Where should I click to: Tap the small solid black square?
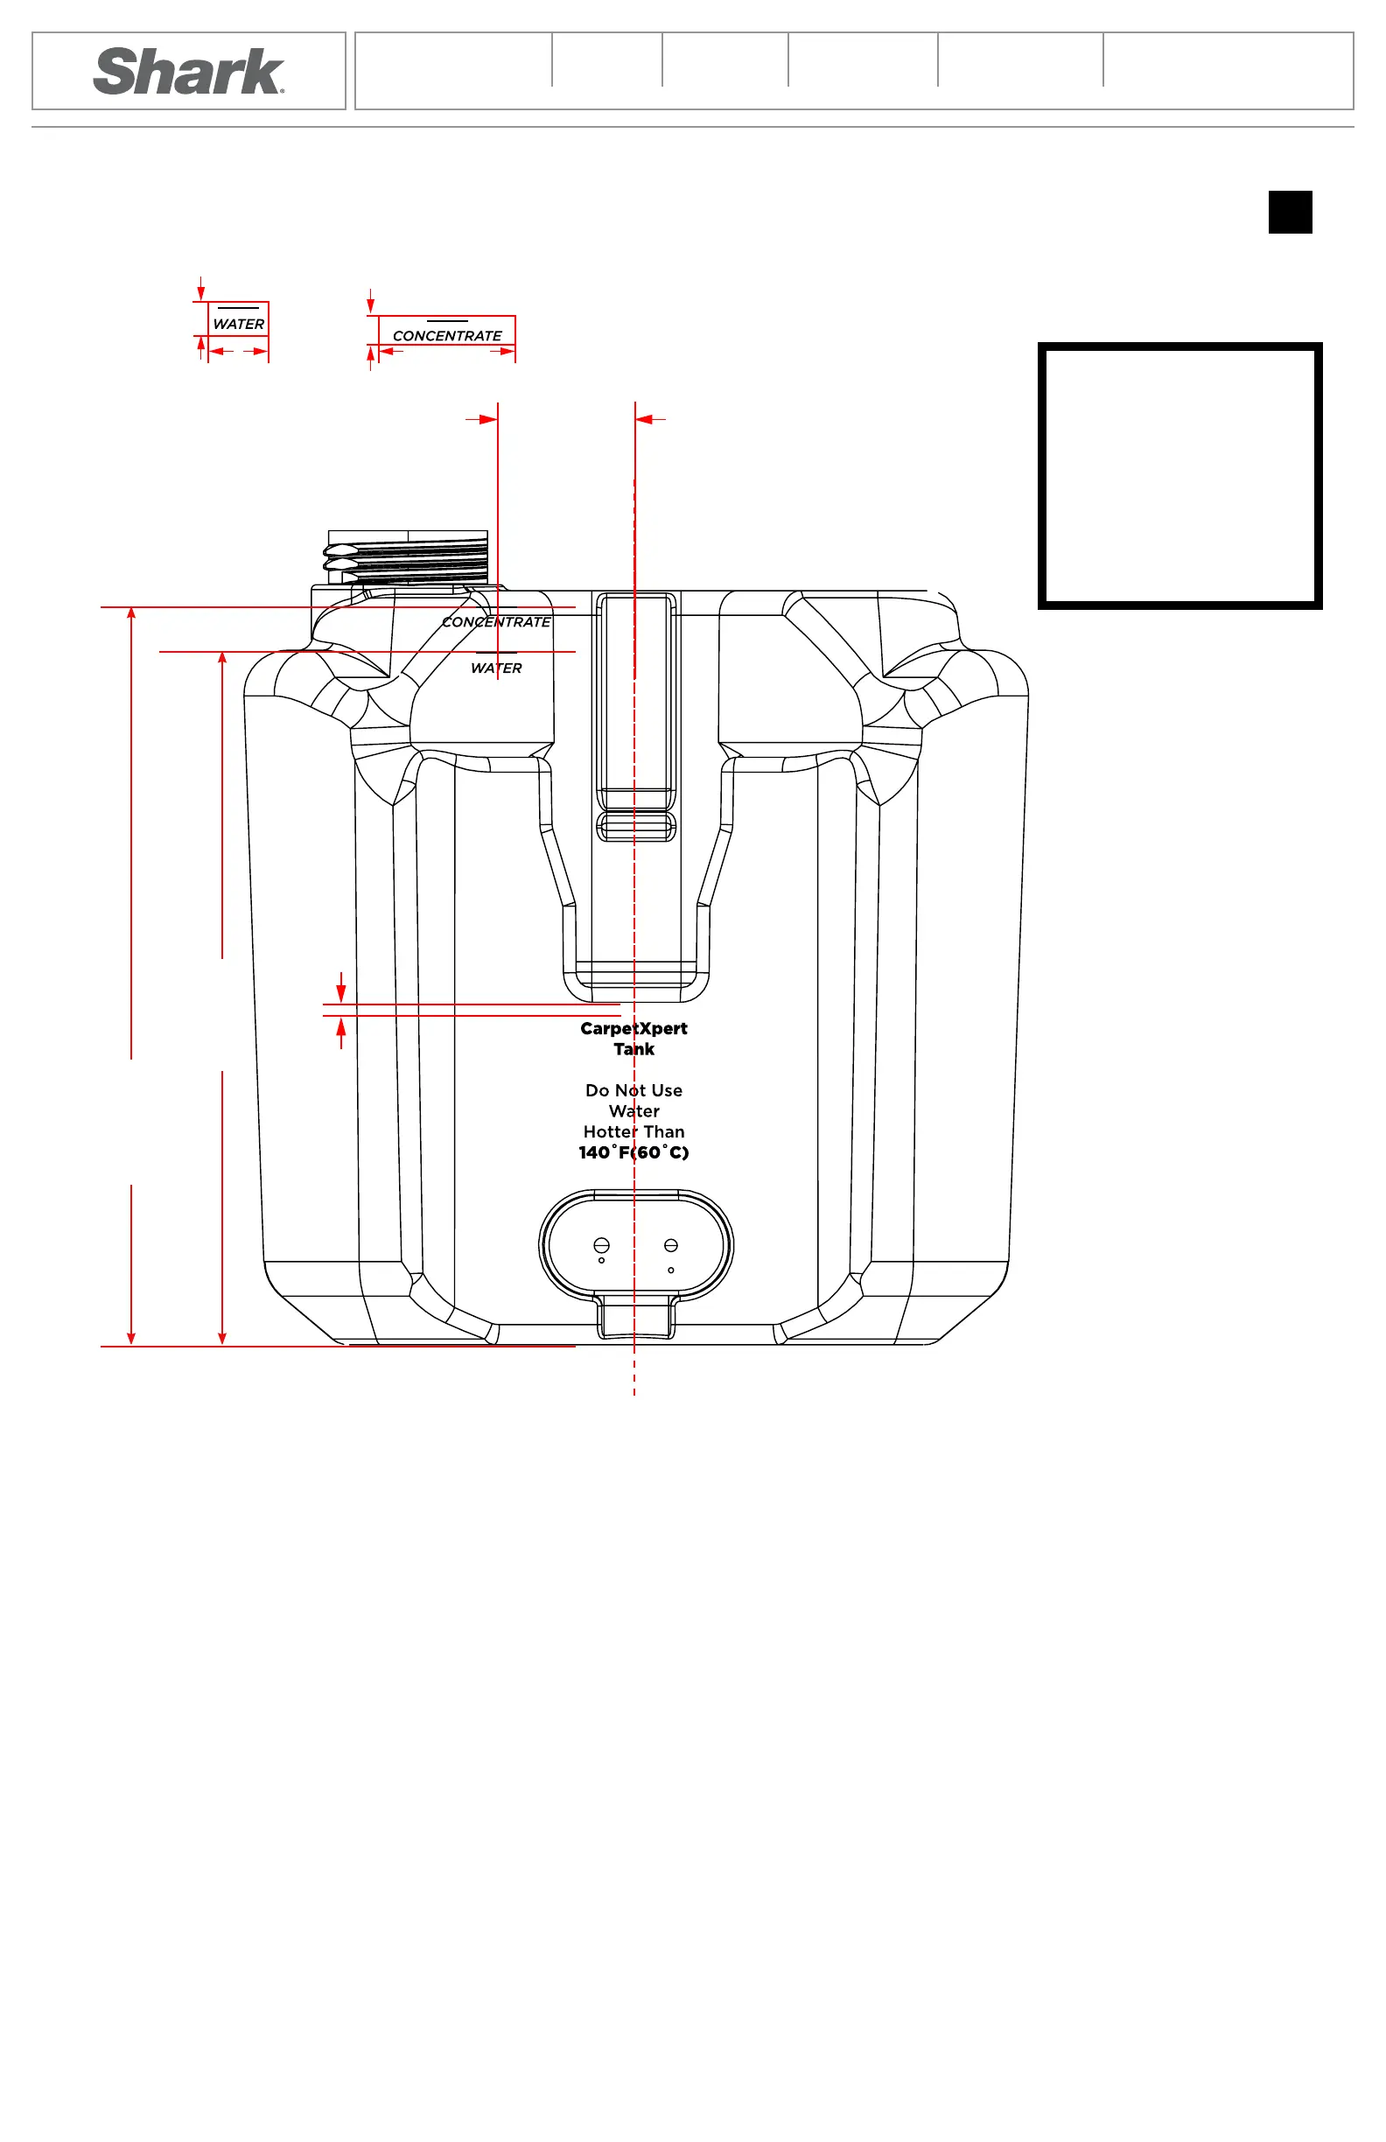(1290, 212)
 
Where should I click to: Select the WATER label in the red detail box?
(239, 324)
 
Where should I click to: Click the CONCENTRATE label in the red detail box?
(447, 336)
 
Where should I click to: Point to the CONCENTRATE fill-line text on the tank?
(496, 622)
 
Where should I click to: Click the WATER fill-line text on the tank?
(496, 668)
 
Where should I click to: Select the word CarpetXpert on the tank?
(633, 1028)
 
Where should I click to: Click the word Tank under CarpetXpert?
(633, 1048)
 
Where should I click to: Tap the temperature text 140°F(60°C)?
(633, 1152)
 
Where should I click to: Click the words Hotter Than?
(633, 1131)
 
